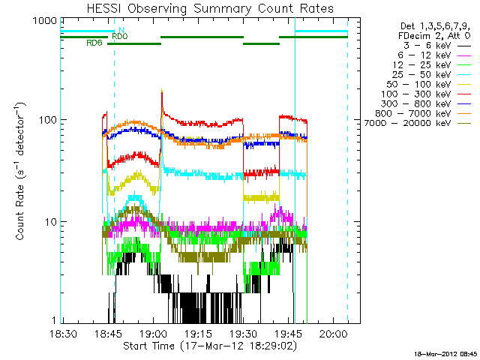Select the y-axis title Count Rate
tap(22, 172)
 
